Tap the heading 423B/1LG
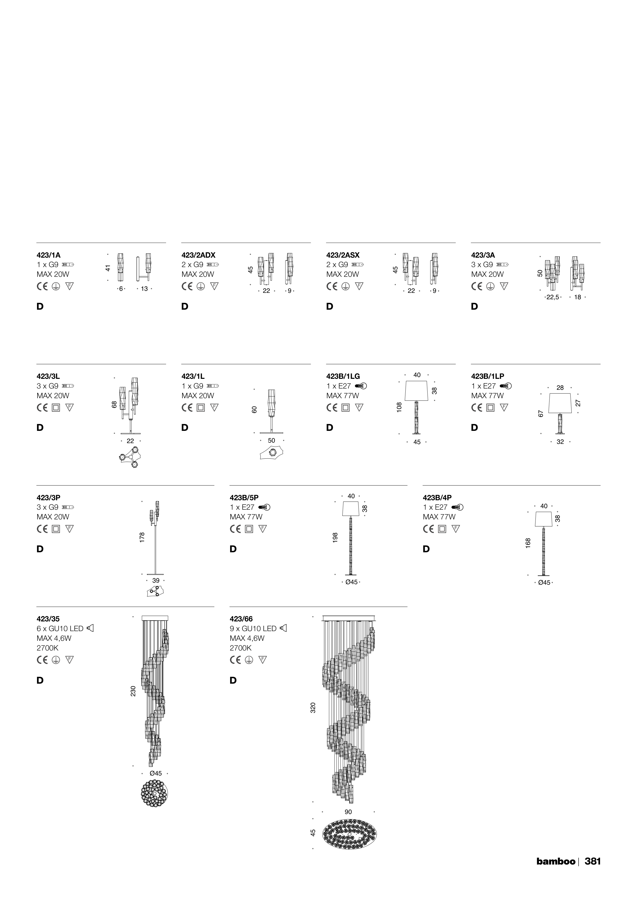click(343, 376)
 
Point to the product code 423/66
click(241, 619)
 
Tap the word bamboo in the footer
click(556, 861)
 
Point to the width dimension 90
click(348, 811)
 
